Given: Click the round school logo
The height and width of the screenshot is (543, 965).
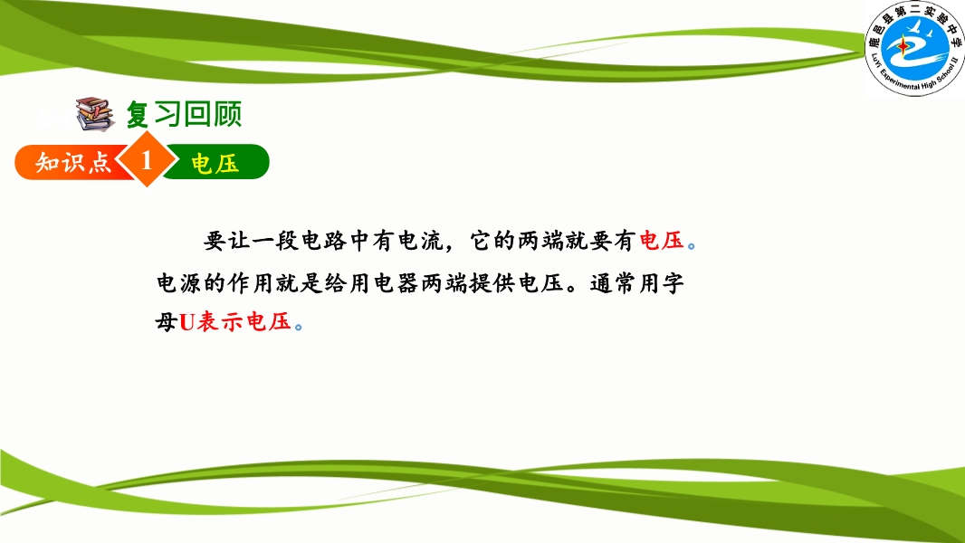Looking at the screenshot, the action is [914, 47].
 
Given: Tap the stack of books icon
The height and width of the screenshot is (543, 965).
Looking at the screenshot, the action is [95, 114].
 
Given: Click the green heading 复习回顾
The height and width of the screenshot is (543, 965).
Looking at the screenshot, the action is [184, 114].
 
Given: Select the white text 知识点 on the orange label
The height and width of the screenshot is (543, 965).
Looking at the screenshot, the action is [73, 162].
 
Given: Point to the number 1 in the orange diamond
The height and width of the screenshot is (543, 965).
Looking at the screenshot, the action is [147, 160].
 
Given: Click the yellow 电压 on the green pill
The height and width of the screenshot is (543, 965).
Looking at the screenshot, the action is [215, 164].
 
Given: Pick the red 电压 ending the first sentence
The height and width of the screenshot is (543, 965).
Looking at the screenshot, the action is [662, 241].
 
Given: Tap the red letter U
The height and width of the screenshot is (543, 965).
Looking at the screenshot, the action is [186, 322].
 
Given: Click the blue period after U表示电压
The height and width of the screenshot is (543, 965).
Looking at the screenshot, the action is [299, 327].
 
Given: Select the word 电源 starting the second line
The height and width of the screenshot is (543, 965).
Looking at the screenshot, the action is [179, 283].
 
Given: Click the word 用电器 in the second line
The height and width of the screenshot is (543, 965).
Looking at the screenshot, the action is [384, 283].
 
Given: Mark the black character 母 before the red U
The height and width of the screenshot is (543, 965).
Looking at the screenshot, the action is [167, 321].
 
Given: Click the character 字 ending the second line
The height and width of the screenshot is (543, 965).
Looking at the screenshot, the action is [673, 283].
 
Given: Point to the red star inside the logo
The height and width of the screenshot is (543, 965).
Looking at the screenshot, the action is [903, 46].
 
